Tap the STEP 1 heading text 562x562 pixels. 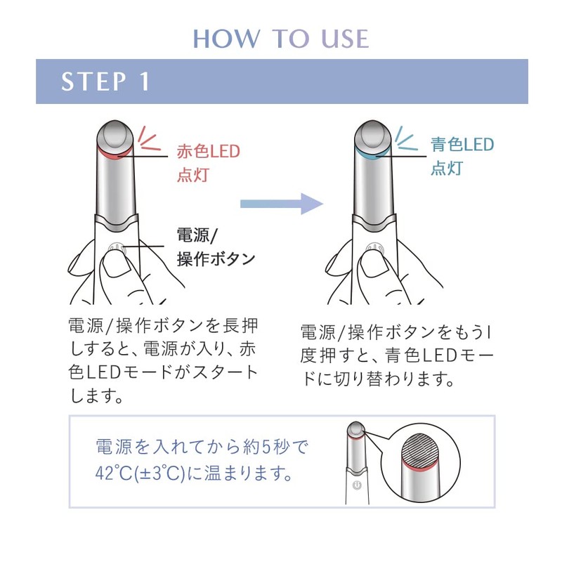pyautogui.click(x=105, y=81)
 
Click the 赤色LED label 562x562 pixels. pyautogui.click(x=208, y=151)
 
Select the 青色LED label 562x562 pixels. pyautogui.click(x=462, y=145)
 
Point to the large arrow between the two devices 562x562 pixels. pyautogui.click(x=281, y=204)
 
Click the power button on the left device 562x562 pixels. pyautogui.click(x=117, y=249)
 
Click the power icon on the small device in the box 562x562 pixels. pyautogui.click(x=356, y=485)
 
